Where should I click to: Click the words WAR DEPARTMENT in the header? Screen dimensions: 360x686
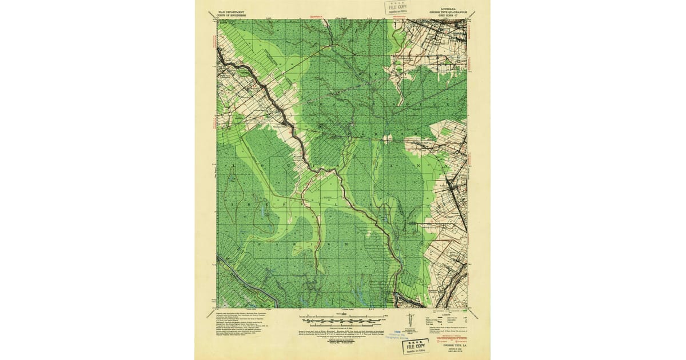(232, 11)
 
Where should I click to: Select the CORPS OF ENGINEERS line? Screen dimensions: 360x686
(232, 14)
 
